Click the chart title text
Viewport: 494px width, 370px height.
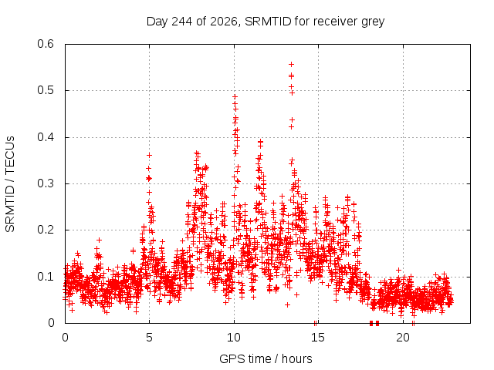click(266, 22)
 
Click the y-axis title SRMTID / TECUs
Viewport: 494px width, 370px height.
click(10, 184)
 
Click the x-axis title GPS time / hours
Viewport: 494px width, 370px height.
click(266, 358)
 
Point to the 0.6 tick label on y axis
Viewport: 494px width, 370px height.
click(46, 44)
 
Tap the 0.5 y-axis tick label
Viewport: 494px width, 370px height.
click(46, 90)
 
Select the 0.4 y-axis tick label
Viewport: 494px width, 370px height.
click(46, 137)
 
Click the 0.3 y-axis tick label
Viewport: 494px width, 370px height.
click(46, 183)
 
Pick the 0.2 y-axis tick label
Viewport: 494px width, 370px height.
click(46, 230)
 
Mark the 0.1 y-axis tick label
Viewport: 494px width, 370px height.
click(46, 277)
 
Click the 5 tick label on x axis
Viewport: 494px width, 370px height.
click(149, 338)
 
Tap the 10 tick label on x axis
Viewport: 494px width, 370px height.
click(234, 338)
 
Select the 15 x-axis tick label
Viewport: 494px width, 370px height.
click(318, 338)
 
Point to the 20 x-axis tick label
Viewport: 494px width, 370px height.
click(403, 338)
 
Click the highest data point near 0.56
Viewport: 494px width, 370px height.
click(292, 65)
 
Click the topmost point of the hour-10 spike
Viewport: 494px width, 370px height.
click(235, 97)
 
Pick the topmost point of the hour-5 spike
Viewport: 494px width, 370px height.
click(149, 155)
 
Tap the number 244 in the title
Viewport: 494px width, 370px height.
click(181, 22)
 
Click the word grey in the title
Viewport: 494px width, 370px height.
click(373, 22)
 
